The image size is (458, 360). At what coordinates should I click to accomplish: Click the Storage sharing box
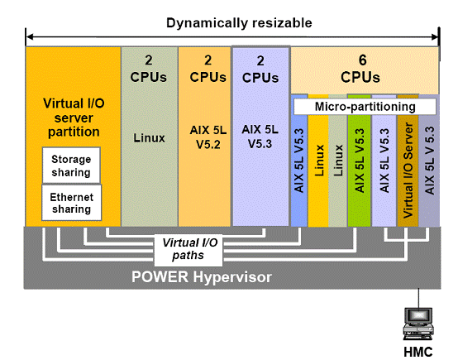coord(71,166)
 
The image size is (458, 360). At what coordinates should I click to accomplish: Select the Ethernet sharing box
coord(72,203)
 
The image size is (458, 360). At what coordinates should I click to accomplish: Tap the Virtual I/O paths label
coord(188,249)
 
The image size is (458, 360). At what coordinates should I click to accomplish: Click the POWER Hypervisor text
coord(202,276)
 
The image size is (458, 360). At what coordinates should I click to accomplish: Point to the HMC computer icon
coord(418,324)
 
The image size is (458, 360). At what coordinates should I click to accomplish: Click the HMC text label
coord(418,352)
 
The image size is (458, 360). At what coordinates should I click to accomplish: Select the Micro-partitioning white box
coord(365,107)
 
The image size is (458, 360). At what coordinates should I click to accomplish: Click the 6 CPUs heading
coord(360,69)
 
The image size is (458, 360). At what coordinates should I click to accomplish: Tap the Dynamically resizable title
coord(239,23)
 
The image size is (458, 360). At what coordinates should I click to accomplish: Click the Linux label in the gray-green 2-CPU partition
coord(150,138)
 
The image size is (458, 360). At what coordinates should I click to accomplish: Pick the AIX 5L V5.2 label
coord(208,137)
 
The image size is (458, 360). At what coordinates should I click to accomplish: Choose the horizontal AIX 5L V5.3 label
coord(260,137)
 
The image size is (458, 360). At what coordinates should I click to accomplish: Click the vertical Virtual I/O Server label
coord(408,170)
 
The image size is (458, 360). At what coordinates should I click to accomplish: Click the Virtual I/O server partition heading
coord(74,118)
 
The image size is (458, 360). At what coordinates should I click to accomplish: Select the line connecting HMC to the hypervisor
coord(418,298)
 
